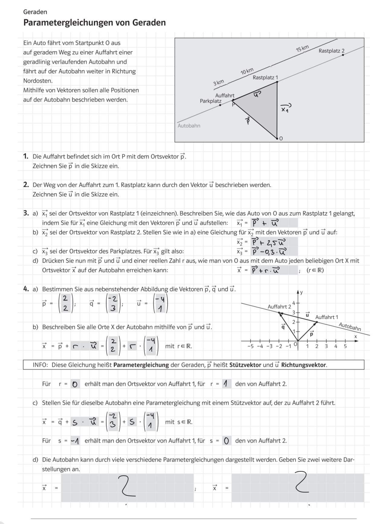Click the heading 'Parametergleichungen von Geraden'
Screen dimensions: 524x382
(x=94, y=23)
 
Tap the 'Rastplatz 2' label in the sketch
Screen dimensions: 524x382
(x=331, y=51)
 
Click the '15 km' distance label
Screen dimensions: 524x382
(x=302, y=48)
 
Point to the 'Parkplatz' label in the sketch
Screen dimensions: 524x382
(x=210, y=101)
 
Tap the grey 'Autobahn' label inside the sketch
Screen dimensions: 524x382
(x=189, y=126)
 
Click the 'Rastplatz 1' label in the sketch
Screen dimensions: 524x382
(x=265, y=77)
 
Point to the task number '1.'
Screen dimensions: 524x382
(x=26, y=156)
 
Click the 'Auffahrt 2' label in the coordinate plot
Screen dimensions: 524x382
(x=279, y=306)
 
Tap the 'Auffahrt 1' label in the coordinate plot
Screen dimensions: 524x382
(x=327, y=317)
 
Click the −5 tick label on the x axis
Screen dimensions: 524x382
(x=250, y=346)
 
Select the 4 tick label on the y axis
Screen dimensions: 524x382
(x=293, y=302)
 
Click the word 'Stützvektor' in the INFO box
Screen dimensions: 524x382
(x=245, y=365)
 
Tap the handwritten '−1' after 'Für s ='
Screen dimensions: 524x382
(x=75, y=441)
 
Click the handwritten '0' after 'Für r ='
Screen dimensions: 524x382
(x=75, y=384)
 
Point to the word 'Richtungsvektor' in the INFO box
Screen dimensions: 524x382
(x=303, y=365)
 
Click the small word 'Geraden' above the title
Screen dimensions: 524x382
(x=35, y=12)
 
